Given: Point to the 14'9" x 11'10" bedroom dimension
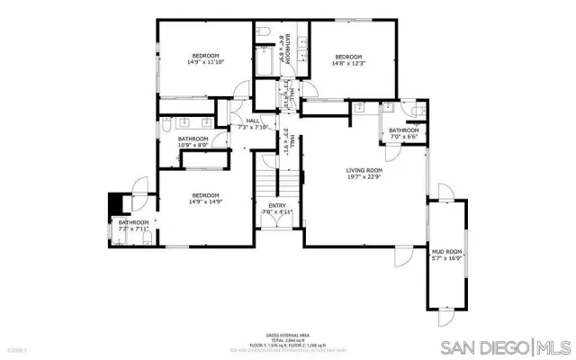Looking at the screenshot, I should tap(205, 63).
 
